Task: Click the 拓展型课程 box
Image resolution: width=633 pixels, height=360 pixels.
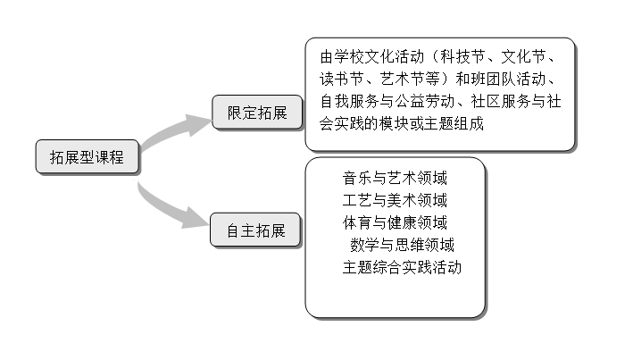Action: point(87,156)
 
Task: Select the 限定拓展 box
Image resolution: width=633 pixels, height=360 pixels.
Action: point(257,113)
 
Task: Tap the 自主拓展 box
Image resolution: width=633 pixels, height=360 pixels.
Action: point(255,230)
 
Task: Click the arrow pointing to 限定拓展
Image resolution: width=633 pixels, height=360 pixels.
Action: point(173,130)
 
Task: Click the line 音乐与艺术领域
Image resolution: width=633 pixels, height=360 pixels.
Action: point(395,178)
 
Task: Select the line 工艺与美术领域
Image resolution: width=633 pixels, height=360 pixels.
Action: point(395,200)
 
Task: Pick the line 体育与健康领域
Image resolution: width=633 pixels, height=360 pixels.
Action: point(395,222)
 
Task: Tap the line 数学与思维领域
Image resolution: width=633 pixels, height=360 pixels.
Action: point(402,245)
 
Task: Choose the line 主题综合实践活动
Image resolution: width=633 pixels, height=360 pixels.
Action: point(402,267)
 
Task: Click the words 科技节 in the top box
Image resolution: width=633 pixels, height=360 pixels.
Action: point(462,56)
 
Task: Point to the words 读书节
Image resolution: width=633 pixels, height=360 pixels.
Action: point(342,79)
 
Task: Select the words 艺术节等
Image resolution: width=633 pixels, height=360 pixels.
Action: point(410,79)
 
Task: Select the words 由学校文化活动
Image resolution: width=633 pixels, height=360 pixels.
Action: point(371,56)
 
